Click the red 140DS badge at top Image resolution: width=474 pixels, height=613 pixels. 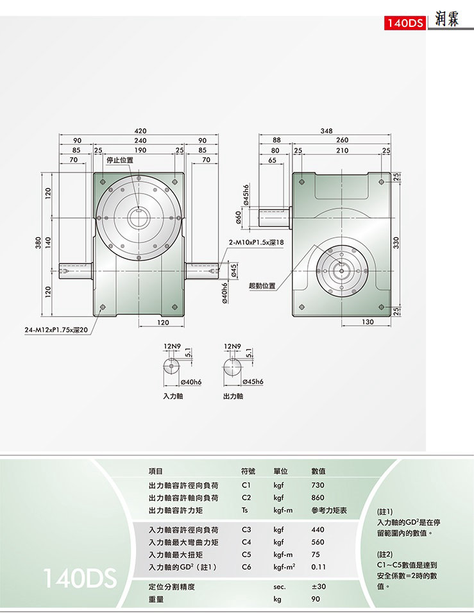pos(405,23)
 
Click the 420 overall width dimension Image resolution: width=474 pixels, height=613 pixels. pos(140,131)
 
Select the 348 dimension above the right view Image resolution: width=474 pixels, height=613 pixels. pos(326,131)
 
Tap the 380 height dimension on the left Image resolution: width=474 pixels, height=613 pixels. pos(38,244)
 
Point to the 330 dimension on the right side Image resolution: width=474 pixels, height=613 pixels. pos(396,243)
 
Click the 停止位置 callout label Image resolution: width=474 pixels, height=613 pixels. pos(120,160)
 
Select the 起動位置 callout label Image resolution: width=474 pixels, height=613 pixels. pos(262,285)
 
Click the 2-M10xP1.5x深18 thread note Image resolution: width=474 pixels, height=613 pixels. pos(257,242)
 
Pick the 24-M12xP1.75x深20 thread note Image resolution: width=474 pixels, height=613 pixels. pos(56,330)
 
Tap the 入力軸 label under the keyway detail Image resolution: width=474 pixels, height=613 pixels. pos(173,396)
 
